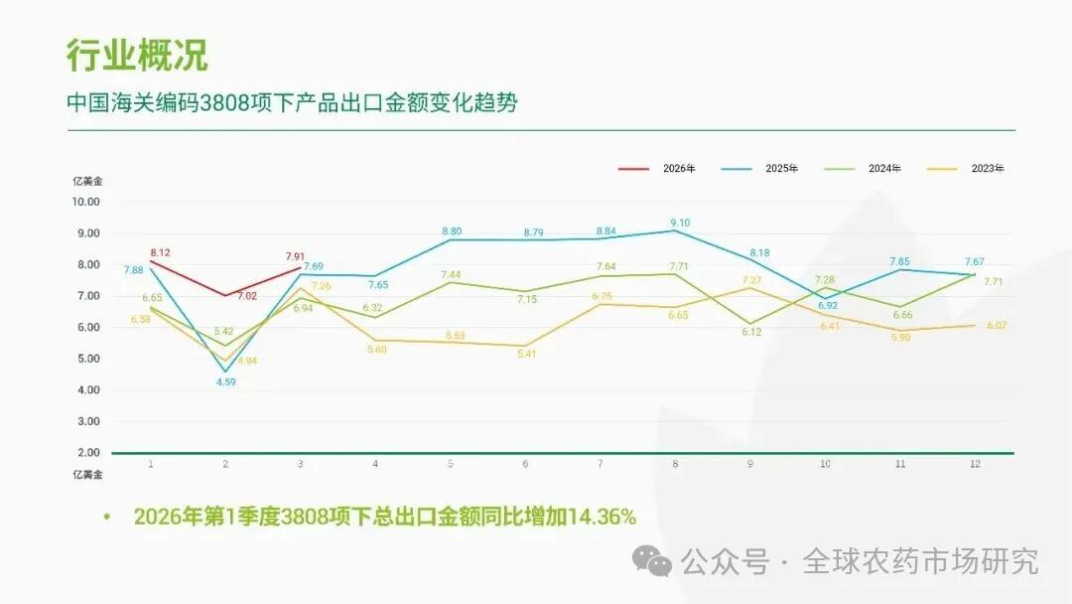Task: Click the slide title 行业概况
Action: [137, 55]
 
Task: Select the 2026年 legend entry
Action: [656, 168]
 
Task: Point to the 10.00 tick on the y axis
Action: [86, 202]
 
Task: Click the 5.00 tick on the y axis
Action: [88, 359]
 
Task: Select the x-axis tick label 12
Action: [975, 464]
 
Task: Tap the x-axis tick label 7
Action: [601, 464]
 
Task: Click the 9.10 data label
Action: [680, 223]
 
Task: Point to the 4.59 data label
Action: [226, 381]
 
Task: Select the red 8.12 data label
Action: [160, 252]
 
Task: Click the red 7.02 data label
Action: [247, 296]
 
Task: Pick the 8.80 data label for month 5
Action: [452, 231]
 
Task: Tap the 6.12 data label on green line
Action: [751, 332]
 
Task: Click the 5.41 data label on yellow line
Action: [526, 354]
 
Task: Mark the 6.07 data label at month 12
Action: [998, 326]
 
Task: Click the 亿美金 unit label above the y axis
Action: [86, 181]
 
